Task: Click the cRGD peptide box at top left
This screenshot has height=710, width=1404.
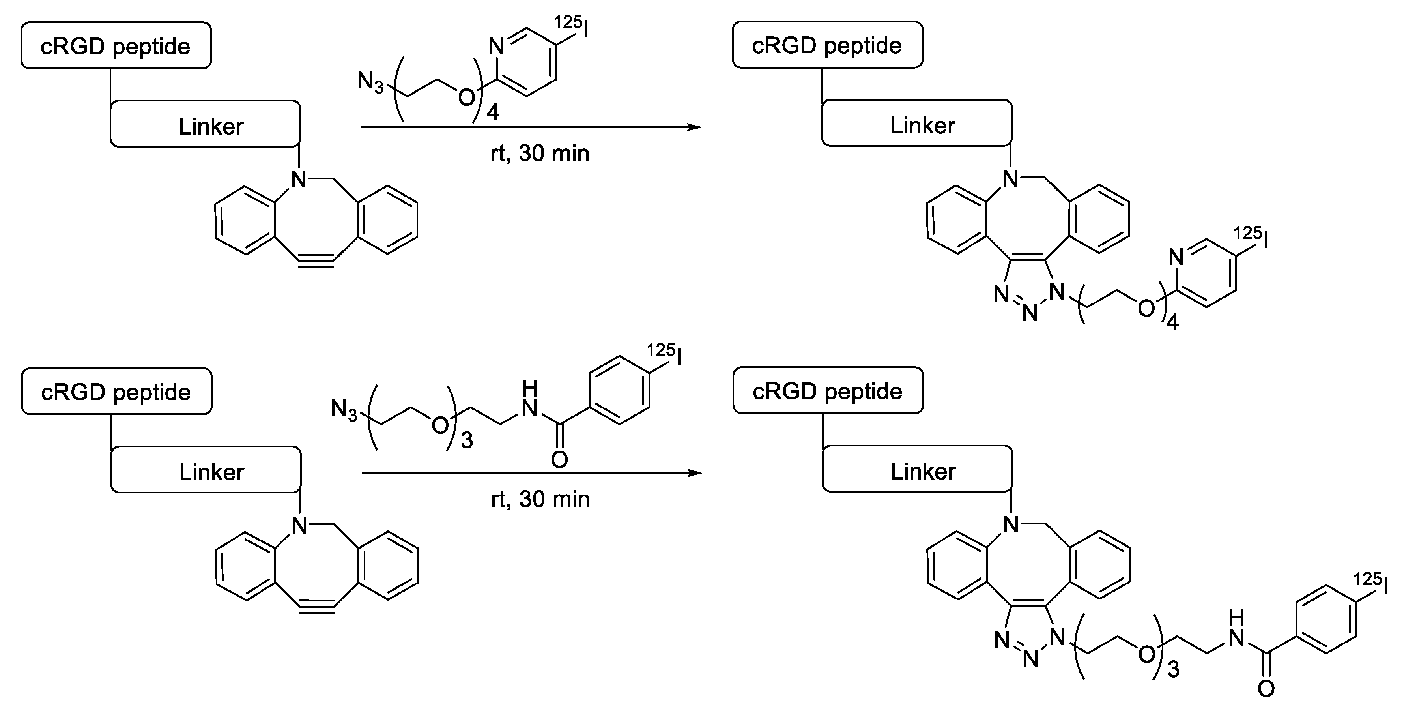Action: click(116, 46)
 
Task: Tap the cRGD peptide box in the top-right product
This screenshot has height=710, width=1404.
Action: click(827, 45)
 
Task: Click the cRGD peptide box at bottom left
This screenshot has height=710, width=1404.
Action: click(116, 392)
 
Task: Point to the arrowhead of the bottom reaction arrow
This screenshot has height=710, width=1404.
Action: click(695, 473)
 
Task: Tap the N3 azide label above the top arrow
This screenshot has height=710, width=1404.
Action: click(370, 83)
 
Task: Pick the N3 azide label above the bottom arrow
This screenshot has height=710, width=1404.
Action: click(344, 409)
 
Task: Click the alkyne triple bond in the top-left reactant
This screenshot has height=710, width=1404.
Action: click(316, 260)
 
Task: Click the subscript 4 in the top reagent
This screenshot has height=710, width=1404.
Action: click(493, 113)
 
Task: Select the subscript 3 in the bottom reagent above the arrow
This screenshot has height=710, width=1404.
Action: click(467, 440)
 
